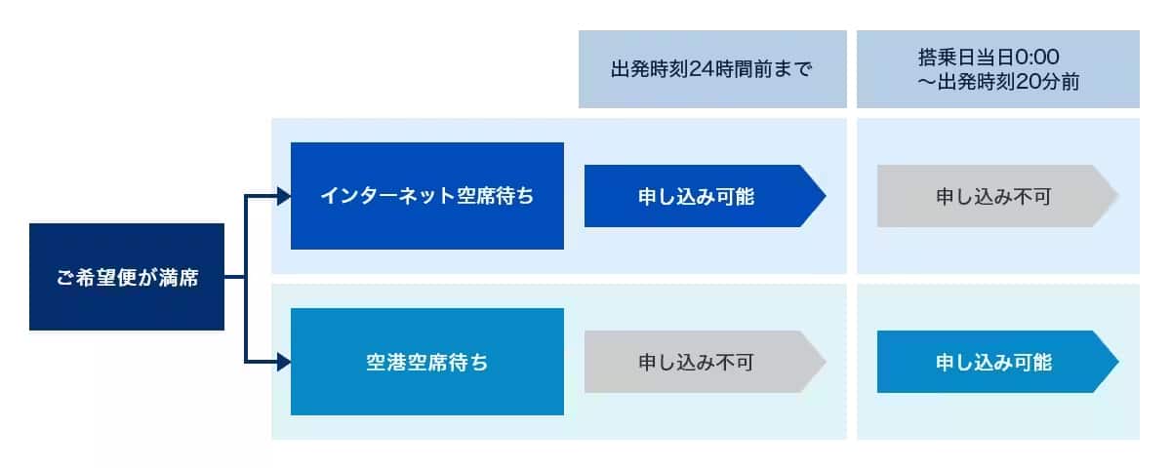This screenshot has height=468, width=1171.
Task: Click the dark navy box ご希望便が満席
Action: click(127, 277)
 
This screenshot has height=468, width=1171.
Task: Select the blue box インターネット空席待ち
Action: click(427, 196)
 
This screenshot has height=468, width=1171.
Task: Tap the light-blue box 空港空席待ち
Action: click(427, 362)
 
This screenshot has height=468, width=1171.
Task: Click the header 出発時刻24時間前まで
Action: click(712, 69)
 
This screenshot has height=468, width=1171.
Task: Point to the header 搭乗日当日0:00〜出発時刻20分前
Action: click(998, 69)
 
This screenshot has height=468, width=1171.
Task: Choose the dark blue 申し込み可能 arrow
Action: click(706, 196)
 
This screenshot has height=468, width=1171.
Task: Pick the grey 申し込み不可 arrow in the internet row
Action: click(998, 196)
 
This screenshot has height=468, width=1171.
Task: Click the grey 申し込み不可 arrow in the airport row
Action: click(706, 362)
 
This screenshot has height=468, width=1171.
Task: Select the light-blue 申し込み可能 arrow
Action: click(998, 362)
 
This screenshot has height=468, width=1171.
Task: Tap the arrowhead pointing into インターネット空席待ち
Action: click(284, 196)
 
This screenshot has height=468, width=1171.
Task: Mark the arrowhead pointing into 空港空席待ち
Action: click(284, 362)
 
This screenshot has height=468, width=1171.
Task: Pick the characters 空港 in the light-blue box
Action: click(385, 362)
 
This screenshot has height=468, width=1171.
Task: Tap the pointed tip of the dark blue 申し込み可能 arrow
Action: click(826, 196)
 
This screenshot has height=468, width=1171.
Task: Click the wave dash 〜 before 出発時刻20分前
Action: click(926, 83)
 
